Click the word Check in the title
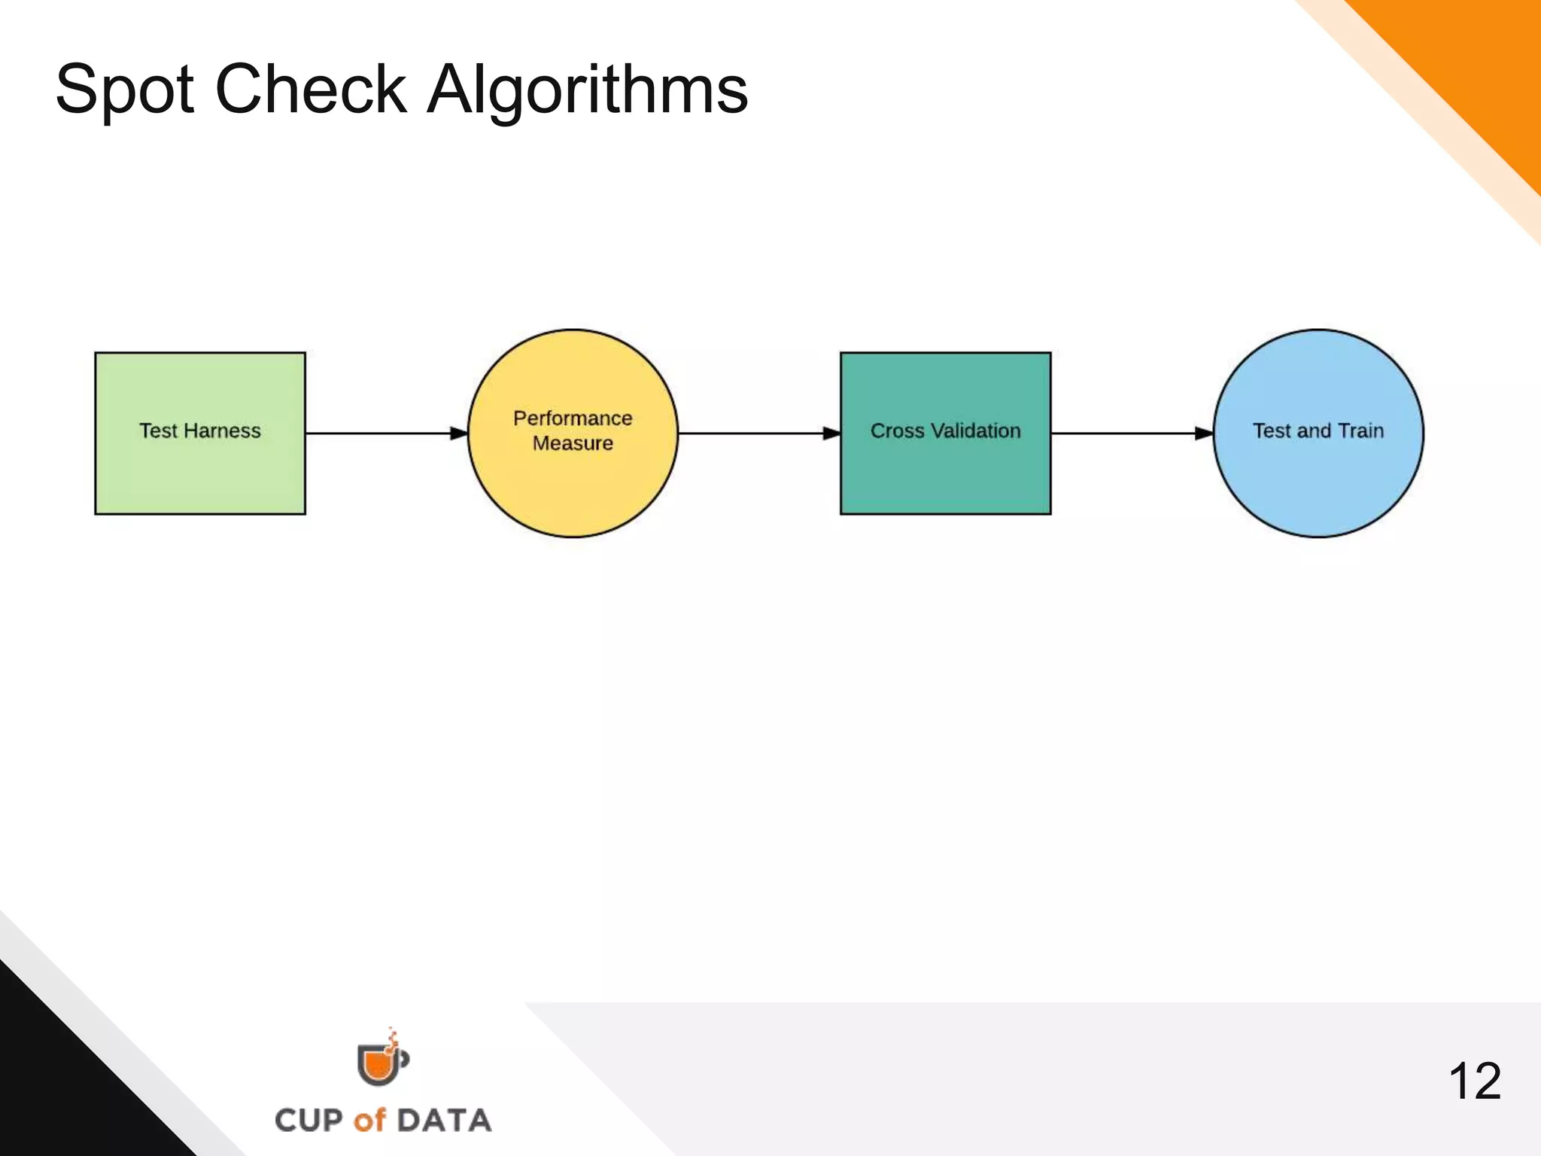(311, 89)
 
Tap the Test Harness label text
(199, 430)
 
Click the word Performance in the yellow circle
(573, 418)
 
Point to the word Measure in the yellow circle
(573, 443)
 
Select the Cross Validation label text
(945, 430)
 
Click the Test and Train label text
(1318, 430)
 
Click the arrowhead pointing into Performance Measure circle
(458, 433)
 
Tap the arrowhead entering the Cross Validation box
(831, 433)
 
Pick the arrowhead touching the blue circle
(1203, 433)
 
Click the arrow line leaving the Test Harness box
(376, 433)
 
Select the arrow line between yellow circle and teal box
(749, 433)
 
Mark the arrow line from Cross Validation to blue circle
(1121, 433)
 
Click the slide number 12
(1474, 1081)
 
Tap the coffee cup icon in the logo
(381, 1061)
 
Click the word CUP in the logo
(309, 1120)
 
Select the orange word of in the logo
(369, 1120)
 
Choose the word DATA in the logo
(444, 1120)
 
